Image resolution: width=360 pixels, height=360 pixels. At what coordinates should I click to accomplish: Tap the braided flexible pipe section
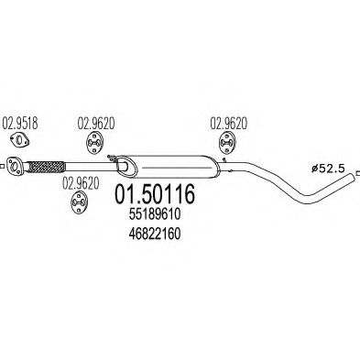(47, 168)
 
